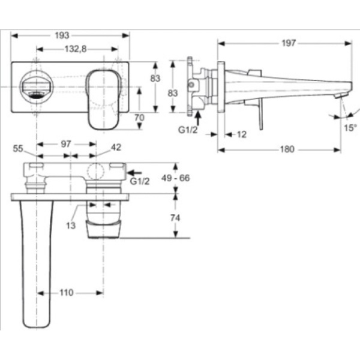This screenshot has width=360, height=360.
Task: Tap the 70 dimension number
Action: tap(139, 118)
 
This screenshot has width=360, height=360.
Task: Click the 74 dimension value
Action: tap(175, 218)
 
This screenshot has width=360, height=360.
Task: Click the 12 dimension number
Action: tap(241, 134)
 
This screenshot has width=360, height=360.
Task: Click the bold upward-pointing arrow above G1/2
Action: tap(199, 115)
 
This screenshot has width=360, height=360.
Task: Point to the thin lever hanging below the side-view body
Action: tap(261, 114)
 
